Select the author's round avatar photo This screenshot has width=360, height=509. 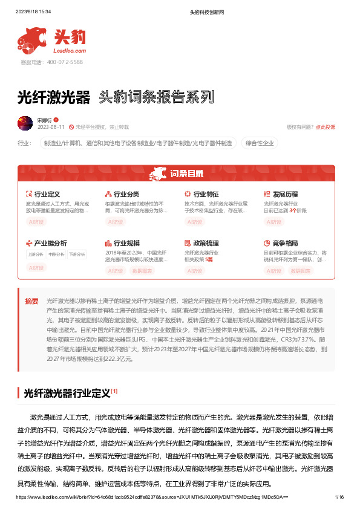pyautogui.click(x=25, y=123)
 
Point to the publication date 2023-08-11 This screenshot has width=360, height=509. pyautogui.click(x=51, y=127)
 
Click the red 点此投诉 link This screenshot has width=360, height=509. pyautogui.click(x=325, y=127)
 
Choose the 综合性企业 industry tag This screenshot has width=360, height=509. pyautogui.click(x=259, y=143)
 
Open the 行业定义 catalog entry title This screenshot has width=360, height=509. pyautogui.click(x=47, y=194)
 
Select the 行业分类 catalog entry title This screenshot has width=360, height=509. pyautogui.click(x=126, y=194)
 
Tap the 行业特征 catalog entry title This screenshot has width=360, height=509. pyautogui.click(x=205, y=194)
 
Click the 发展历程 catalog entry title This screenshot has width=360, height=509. pyautogui.click(x=285, y=194)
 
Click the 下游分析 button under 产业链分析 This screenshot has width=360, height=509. pyautogui.click(x=77, y=254)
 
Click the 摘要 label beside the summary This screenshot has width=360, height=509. pyautogui.click(x=31, y=300)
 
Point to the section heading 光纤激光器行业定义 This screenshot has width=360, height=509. pyautogui.click(x=67, y=394)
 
